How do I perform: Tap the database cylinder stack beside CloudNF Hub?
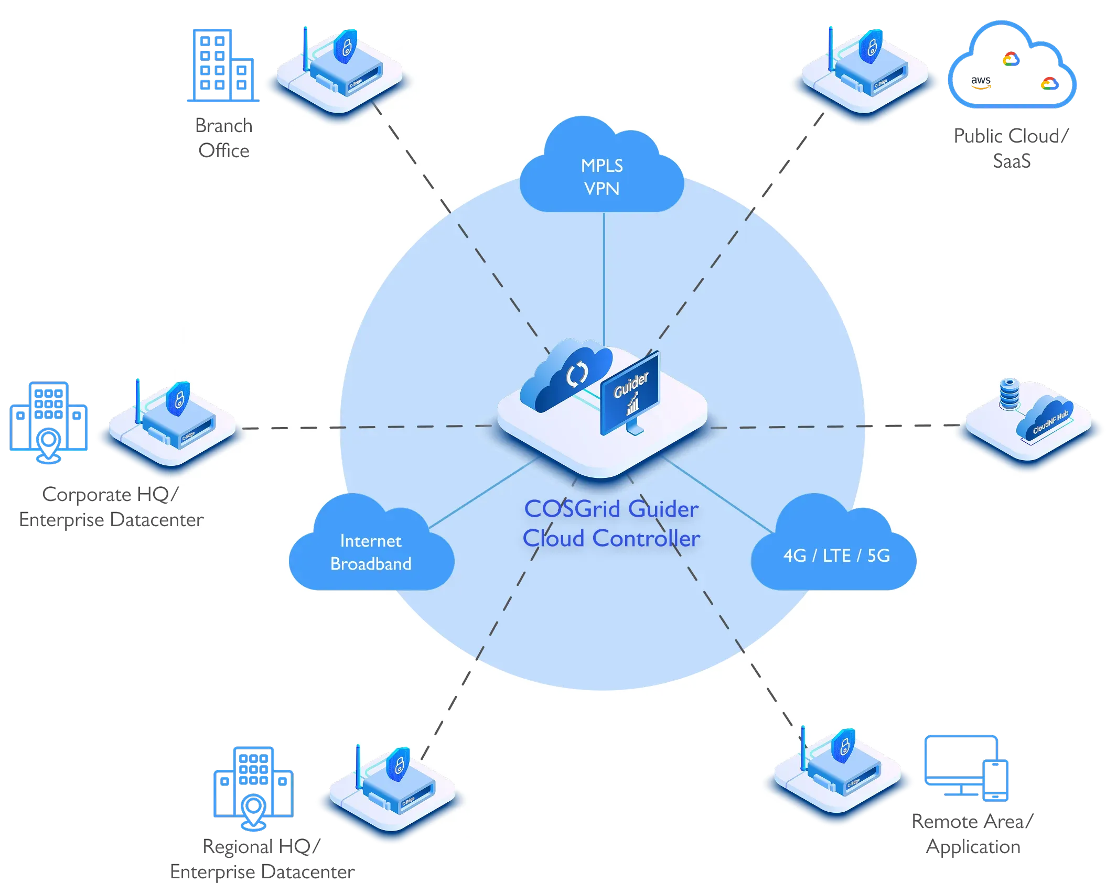tap(1009, 393)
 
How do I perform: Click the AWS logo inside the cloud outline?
tap(980, 83)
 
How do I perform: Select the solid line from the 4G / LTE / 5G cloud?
tap(718, 495)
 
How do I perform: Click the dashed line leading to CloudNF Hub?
tap(839, 427)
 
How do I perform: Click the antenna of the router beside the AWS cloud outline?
tap(830, 47)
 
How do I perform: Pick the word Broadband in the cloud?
tap(371, 564)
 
